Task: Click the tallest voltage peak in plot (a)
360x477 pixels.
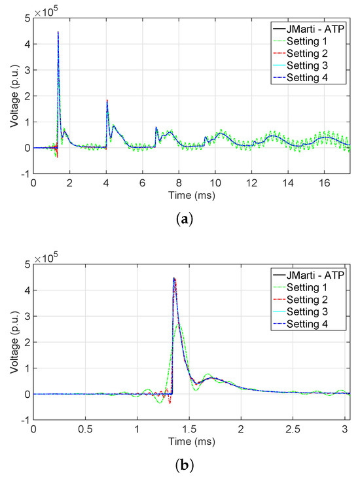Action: pyautogui.click(x=58, y=32)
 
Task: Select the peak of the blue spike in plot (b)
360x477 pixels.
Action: pyautogui.click(x=173, y=278)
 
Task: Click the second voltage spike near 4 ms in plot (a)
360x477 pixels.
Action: pyautogui.click(x=107, y=101)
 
